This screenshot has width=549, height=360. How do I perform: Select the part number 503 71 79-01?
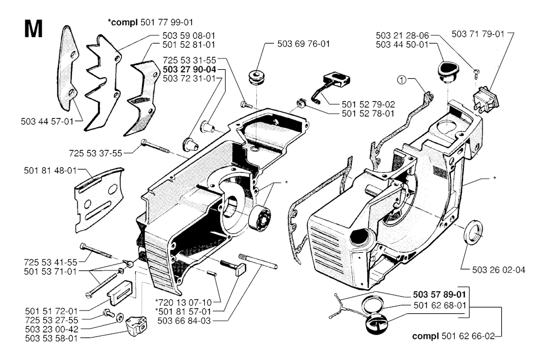click(478, 33)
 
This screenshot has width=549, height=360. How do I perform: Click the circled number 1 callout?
click(402, 80)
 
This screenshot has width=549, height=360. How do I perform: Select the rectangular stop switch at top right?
click(485, 100)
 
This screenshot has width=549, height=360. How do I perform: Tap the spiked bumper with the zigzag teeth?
click(106, 80)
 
